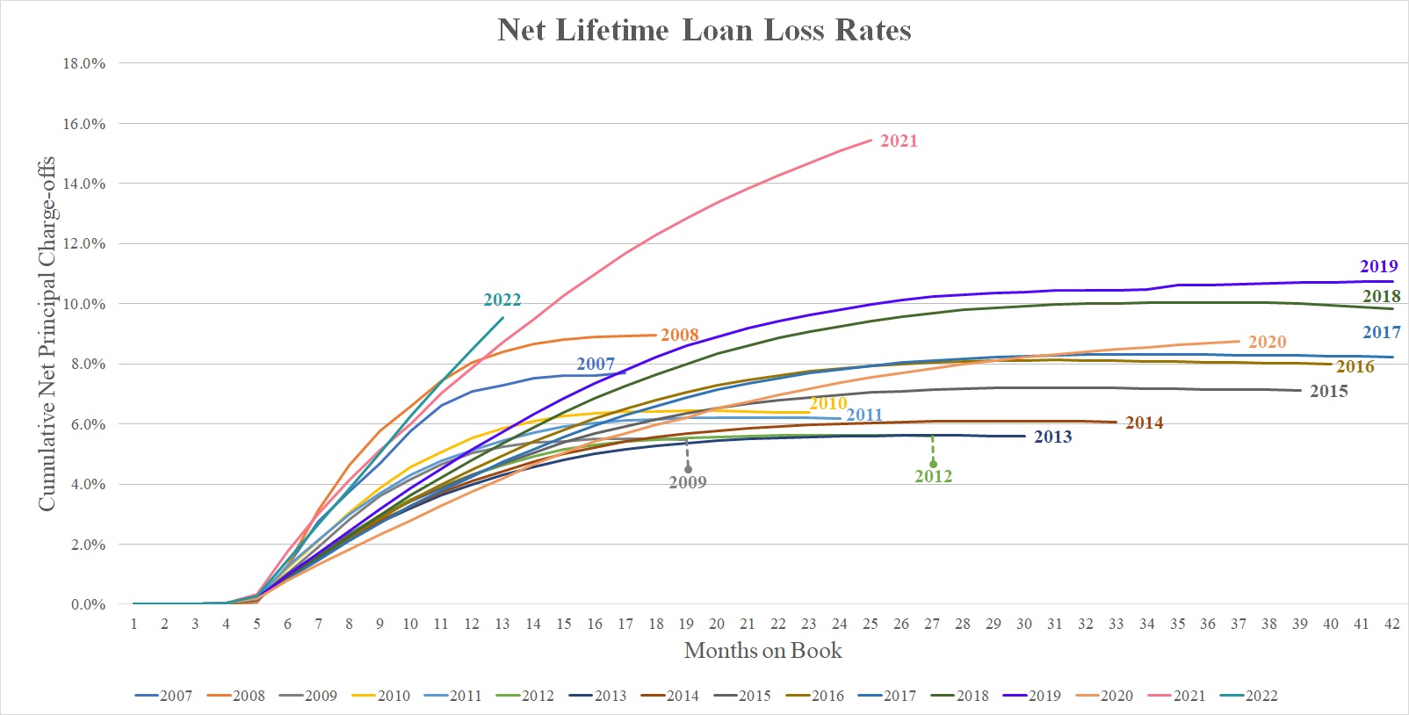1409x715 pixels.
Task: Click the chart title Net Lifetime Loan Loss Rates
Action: click(704, 31)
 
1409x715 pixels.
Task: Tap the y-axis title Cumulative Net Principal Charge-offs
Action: click(46, 334)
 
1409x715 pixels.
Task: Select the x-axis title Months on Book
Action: click(762, 651)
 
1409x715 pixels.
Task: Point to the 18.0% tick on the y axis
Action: click(84, 63)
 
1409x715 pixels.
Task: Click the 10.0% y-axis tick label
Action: click(84, 304)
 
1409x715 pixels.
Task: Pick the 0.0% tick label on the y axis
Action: click(88, 604)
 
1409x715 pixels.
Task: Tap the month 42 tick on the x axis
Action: click(1391, 624)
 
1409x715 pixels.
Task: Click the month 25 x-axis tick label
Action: click(870, 624)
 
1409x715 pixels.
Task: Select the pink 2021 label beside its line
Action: click(899, 141)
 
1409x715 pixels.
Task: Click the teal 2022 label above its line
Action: click(502, 300)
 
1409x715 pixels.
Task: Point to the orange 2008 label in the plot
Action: click(680, 335)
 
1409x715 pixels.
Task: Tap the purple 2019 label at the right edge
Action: click(1378, 266)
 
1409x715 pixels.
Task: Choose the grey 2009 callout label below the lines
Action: click(687, 482)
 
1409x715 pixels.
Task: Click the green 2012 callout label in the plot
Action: click(933, 476)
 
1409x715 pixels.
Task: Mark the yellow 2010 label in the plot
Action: click(827, 403)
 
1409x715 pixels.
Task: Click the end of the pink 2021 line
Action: click(871, 139)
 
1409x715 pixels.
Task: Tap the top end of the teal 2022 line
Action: click(503, 317)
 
